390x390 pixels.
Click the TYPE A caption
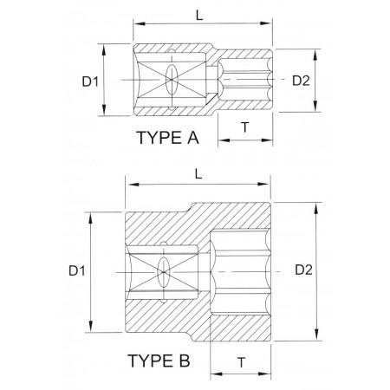click(167, 138)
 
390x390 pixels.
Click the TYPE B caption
click(159, 361)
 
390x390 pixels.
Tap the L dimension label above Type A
click(199, 16)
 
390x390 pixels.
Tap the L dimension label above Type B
click(198, 174)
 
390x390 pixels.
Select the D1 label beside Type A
click(90, 81)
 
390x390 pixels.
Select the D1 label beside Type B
click(77, 271)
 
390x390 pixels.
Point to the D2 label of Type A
click(301, 81)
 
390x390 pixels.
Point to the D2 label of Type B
click(303, 270)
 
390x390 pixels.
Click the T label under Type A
click(245, 127)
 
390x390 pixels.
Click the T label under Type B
click(241, 362)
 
